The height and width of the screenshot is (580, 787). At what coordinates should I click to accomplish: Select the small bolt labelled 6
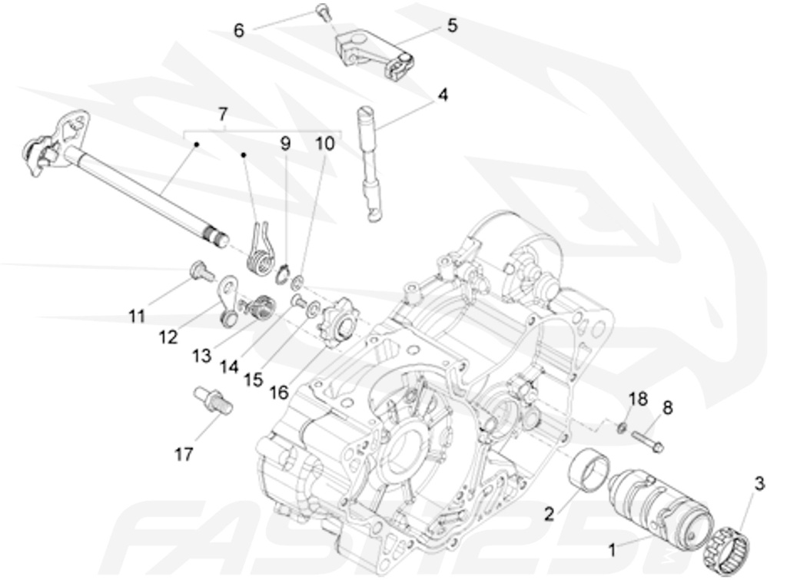click(322, 12)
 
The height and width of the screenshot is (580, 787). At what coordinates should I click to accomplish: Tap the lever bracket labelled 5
click(368, 51)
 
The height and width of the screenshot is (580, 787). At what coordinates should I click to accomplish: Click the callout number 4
click(443, 95)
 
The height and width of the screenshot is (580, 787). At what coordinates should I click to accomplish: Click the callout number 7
click(223, 114)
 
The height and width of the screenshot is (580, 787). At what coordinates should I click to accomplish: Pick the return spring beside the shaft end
click(261, 250)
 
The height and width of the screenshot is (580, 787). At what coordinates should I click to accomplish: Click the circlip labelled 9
click(284, 270)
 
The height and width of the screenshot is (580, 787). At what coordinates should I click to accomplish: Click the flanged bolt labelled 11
click(201, 271)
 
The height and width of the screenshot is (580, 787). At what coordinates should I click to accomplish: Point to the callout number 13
click(202, 355)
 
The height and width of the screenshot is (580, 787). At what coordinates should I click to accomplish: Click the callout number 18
click(638, 399)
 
